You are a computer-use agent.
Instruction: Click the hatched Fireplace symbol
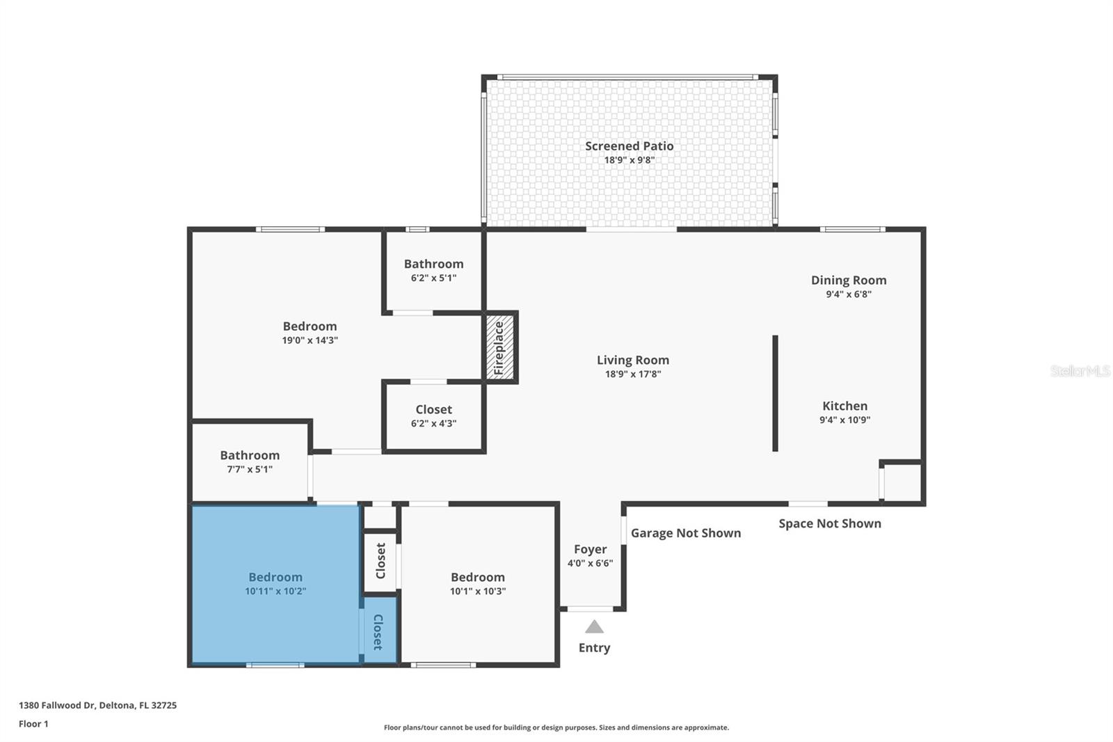pyautogui.click(x=499, y=347)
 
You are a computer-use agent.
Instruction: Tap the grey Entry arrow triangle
pyautogui.click(x=594, y=627)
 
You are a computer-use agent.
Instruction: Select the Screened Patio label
pyautogui.click(x=629, y=146)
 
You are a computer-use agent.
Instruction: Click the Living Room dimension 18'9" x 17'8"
pyautogui.click(x=632, y=374)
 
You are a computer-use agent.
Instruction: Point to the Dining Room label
pyautogui.click(x=848, y=281)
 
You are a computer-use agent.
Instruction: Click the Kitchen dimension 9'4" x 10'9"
pyautogui.click(x=844, y=420)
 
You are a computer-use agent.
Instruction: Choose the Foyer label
pyautogui.click(x=590, y=549)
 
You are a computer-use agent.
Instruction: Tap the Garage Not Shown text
pyautogui.click(x=685, y=533)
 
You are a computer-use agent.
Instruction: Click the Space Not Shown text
pyautogui.click(x=829, y=523)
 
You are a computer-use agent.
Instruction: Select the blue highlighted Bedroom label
pyautogui.click(x=275, y=577)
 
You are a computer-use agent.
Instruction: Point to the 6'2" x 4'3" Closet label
pyautogui.click(x=433, y=410)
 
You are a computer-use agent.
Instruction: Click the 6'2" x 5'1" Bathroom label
pyautogui.click(x=433, y=264)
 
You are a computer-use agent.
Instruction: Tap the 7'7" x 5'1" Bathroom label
pyautogui.click(x=250, y=455)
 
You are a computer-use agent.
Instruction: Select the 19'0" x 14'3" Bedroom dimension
pyautogui.click(x=310, y=340)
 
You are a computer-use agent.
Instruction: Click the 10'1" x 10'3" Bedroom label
pyautogui.click(x=477, y=577)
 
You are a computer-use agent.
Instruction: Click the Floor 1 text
pyautogui.click(x=33, y=724)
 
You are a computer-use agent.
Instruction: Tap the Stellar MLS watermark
pyautogui.click(x=1080, y=371)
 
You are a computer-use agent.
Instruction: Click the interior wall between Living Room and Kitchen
pyautogui.click(x=775, y=393)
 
